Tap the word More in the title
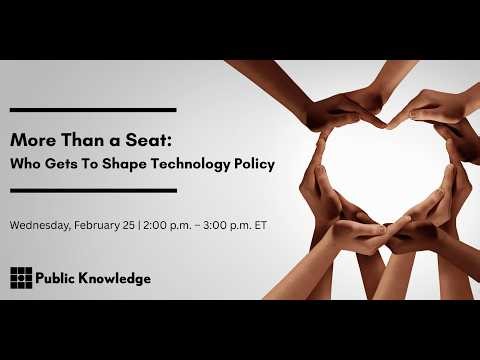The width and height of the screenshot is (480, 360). click(x=30, y=140)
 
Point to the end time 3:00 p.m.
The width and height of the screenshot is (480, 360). click(x=229, y=224)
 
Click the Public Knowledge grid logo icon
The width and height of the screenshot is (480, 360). click(x=20, y=277)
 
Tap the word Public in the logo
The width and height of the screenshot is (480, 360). click(x=58, y=278)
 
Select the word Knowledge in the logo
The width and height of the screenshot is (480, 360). click(x=116, y=278)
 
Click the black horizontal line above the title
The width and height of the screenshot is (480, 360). click(x=93, y=109)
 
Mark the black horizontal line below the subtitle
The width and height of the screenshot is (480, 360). click(x=93, y=189)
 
